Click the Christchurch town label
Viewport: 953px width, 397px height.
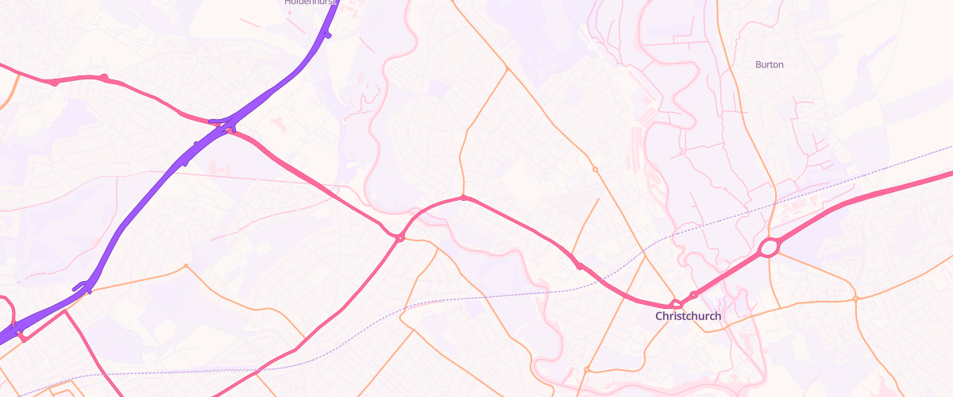click(689, 316)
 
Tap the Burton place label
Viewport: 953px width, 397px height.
click(769, 64)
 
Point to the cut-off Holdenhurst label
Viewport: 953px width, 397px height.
click(311, 2)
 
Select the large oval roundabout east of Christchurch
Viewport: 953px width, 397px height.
click(769, 249)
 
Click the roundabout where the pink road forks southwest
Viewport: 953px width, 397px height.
click(400, 237)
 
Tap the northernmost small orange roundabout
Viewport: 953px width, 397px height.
click(595, 169)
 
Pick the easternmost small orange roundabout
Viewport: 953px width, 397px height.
click(856, 299)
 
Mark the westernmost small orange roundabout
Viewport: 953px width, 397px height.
click(186, 266)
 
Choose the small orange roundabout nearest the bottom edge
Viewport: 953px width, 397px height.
click(586, 369)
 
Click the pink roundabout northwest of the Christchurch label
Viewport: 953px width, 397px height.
click(580, 266)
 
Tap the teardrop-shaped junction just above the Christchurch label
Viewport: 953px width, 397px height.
click(676, 303)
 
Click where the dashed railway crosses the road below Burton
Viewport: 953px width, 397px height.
click(774, 204)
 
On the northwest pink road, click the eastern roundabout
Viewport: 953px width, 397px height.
click(104, 78)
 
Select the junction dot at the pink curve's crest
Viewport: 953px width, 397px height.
click(464, 198)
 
